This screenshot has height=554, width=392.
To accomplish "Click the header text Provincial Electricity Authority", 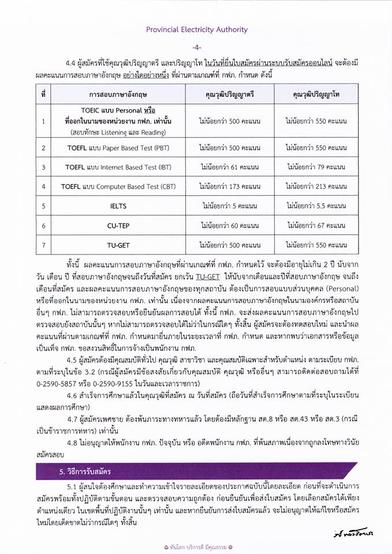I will (x=196, y=29).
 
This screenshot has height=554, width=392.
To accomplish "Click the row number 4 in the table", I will (x=43, y=186).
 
